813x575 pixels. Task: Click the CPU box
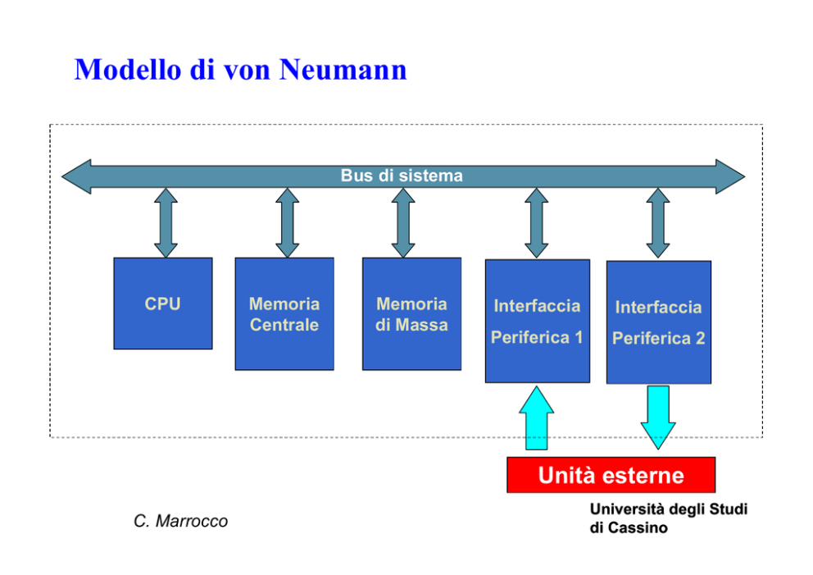163,303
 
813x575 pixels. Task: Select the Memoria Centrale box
284,313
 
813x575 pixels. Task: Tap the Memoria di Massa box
411,313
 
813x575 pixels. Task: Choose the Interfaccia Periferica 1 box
537,321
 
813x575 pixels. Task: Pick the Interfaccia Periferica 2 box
658,322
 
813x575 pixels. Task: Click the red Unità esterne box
611,475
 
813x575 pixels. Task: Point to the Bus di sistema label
402,176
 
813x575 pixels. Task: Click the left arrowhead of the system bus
77,176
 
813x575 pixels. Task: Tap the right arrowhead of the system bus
730,176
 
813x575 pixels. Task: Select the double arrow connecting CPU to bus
166,222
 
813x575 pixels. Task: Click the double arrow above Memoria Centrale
287,222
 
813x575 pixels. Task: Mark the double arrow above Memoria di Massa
403,222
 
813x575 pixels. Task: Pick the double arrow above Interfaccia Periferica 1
537,222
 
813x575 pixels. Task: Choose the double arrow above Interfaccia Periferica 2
658,223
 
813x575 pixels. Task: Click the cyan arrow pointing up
537,418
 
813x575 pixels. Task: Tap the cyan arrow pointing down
658,418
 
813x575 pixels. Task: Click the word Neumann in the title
343,69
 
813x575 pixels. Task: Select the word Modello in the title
128,69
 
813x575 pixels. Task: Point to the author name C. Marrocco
180,521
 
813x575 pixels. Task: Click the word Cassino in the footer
638,527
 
